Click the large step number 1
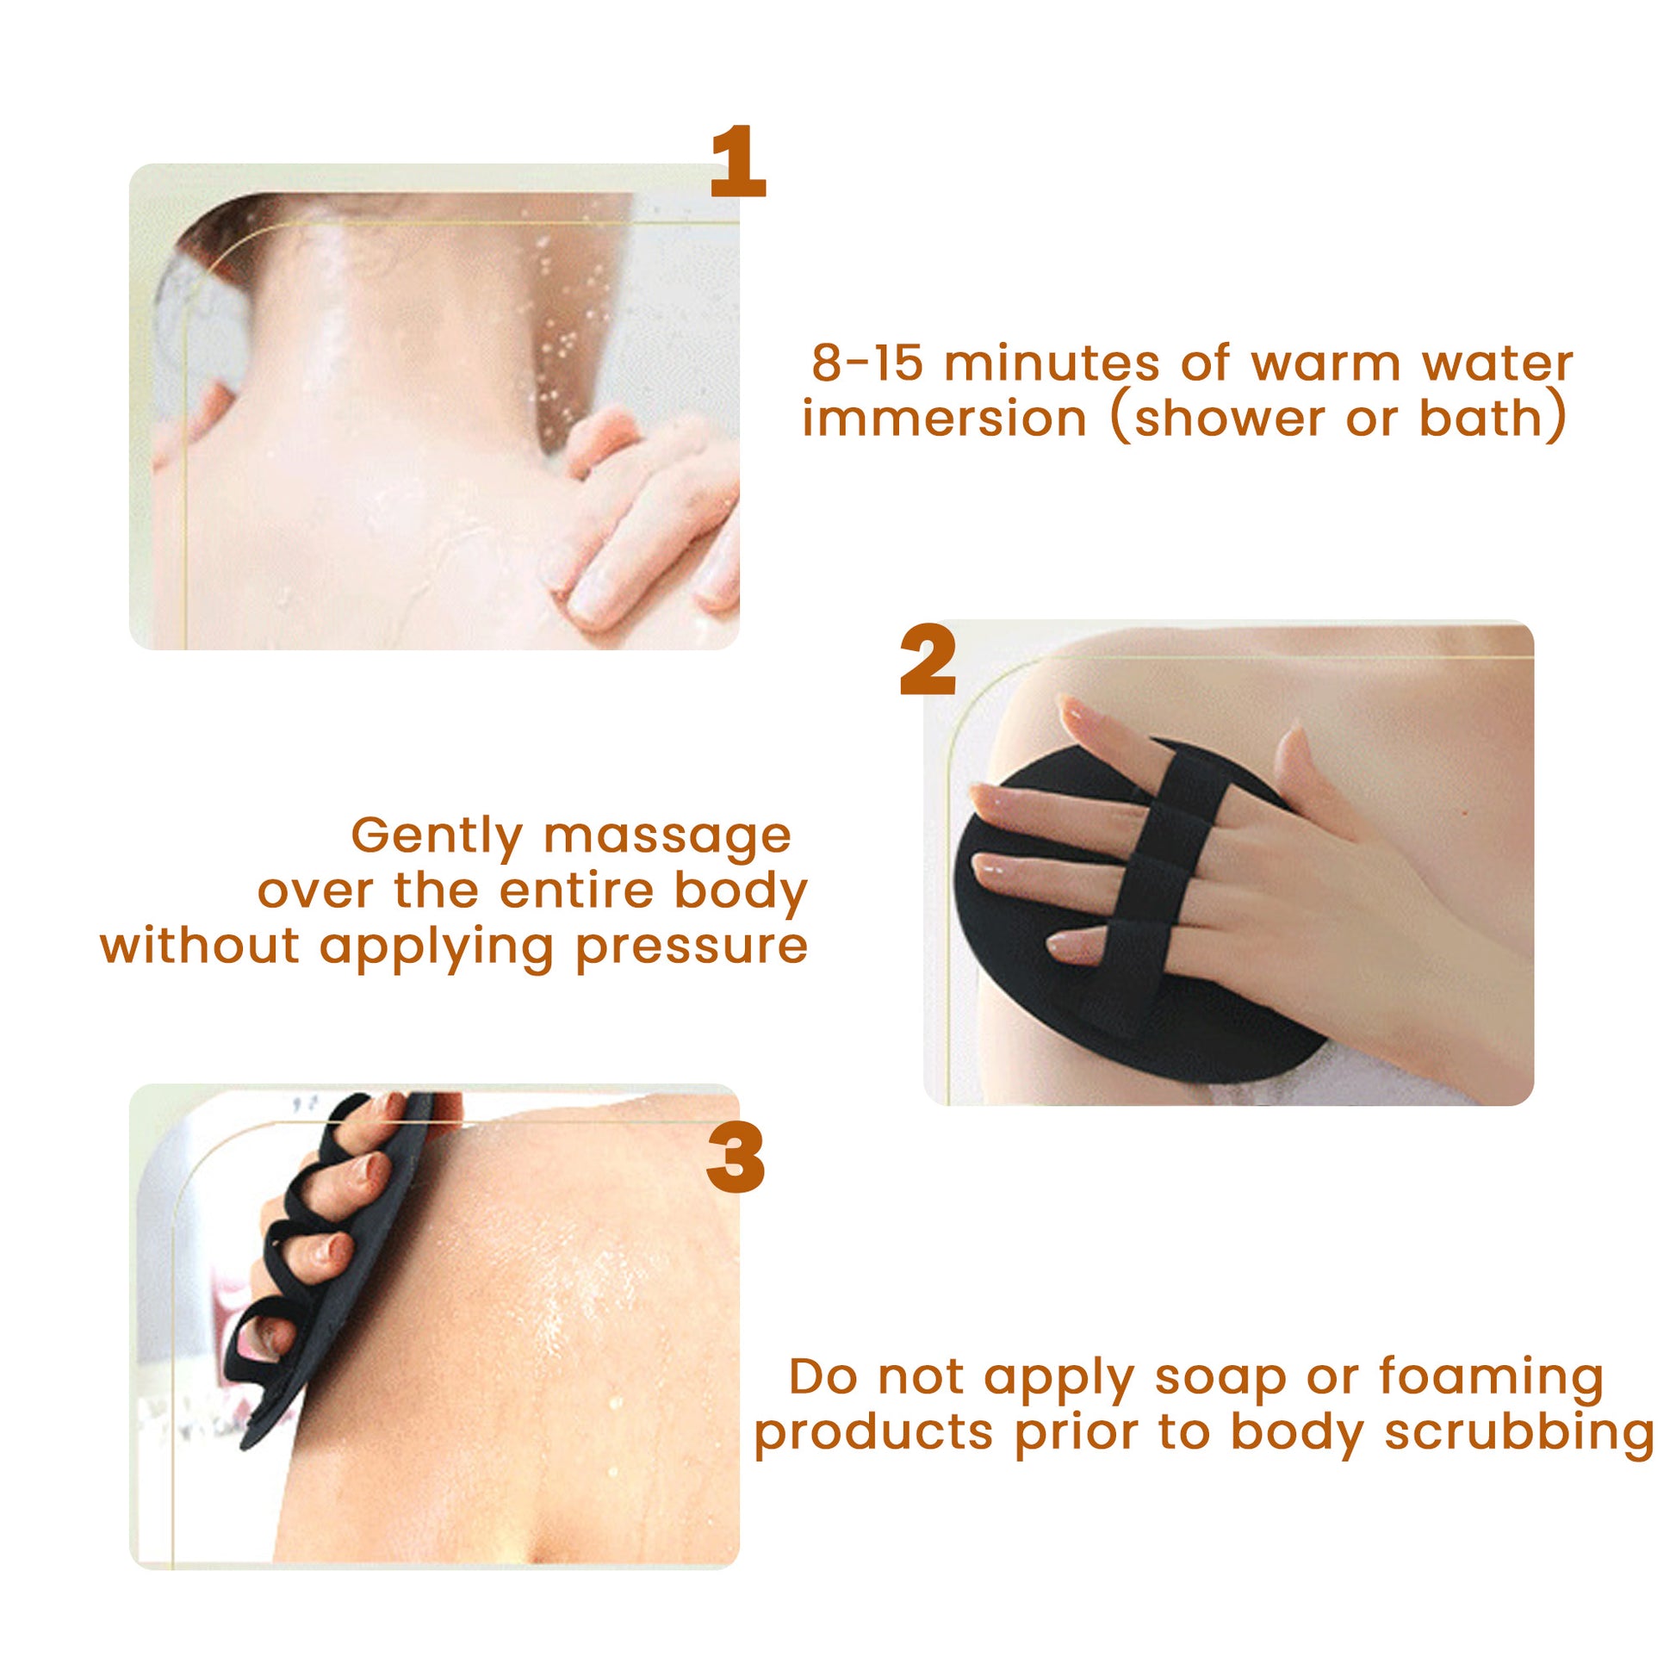click(738, 161)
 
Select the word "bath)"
click(1493, 420)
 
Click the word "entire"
click(576, 891)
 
